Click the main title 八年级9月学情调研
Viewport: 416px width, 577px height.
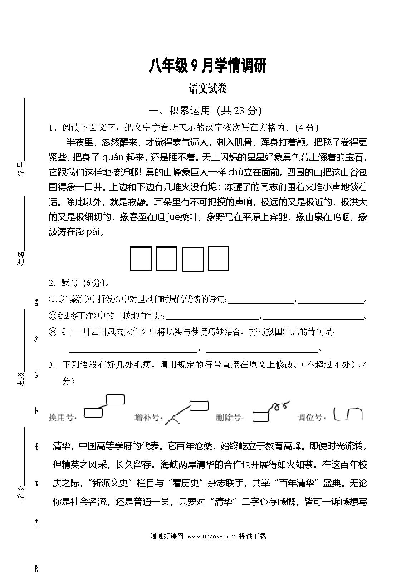(x=207, y=66)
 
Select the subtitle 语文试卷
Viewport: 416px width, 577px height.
(x=208, y=89)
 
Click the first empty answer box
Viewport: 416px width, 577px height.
(x=141, y=258)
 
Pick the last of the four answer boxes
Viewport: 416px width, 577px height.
(x=218, y=258)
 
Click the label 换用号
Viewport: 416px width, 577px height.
(x=63, y=417)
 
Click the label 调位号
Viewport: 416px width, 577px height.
(x=312, y=417)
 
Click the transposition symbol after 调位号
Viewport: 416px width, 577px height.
(x=348, y=414)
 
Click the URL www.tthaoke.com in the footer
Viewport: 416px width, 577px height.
(x=211, y=536)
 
